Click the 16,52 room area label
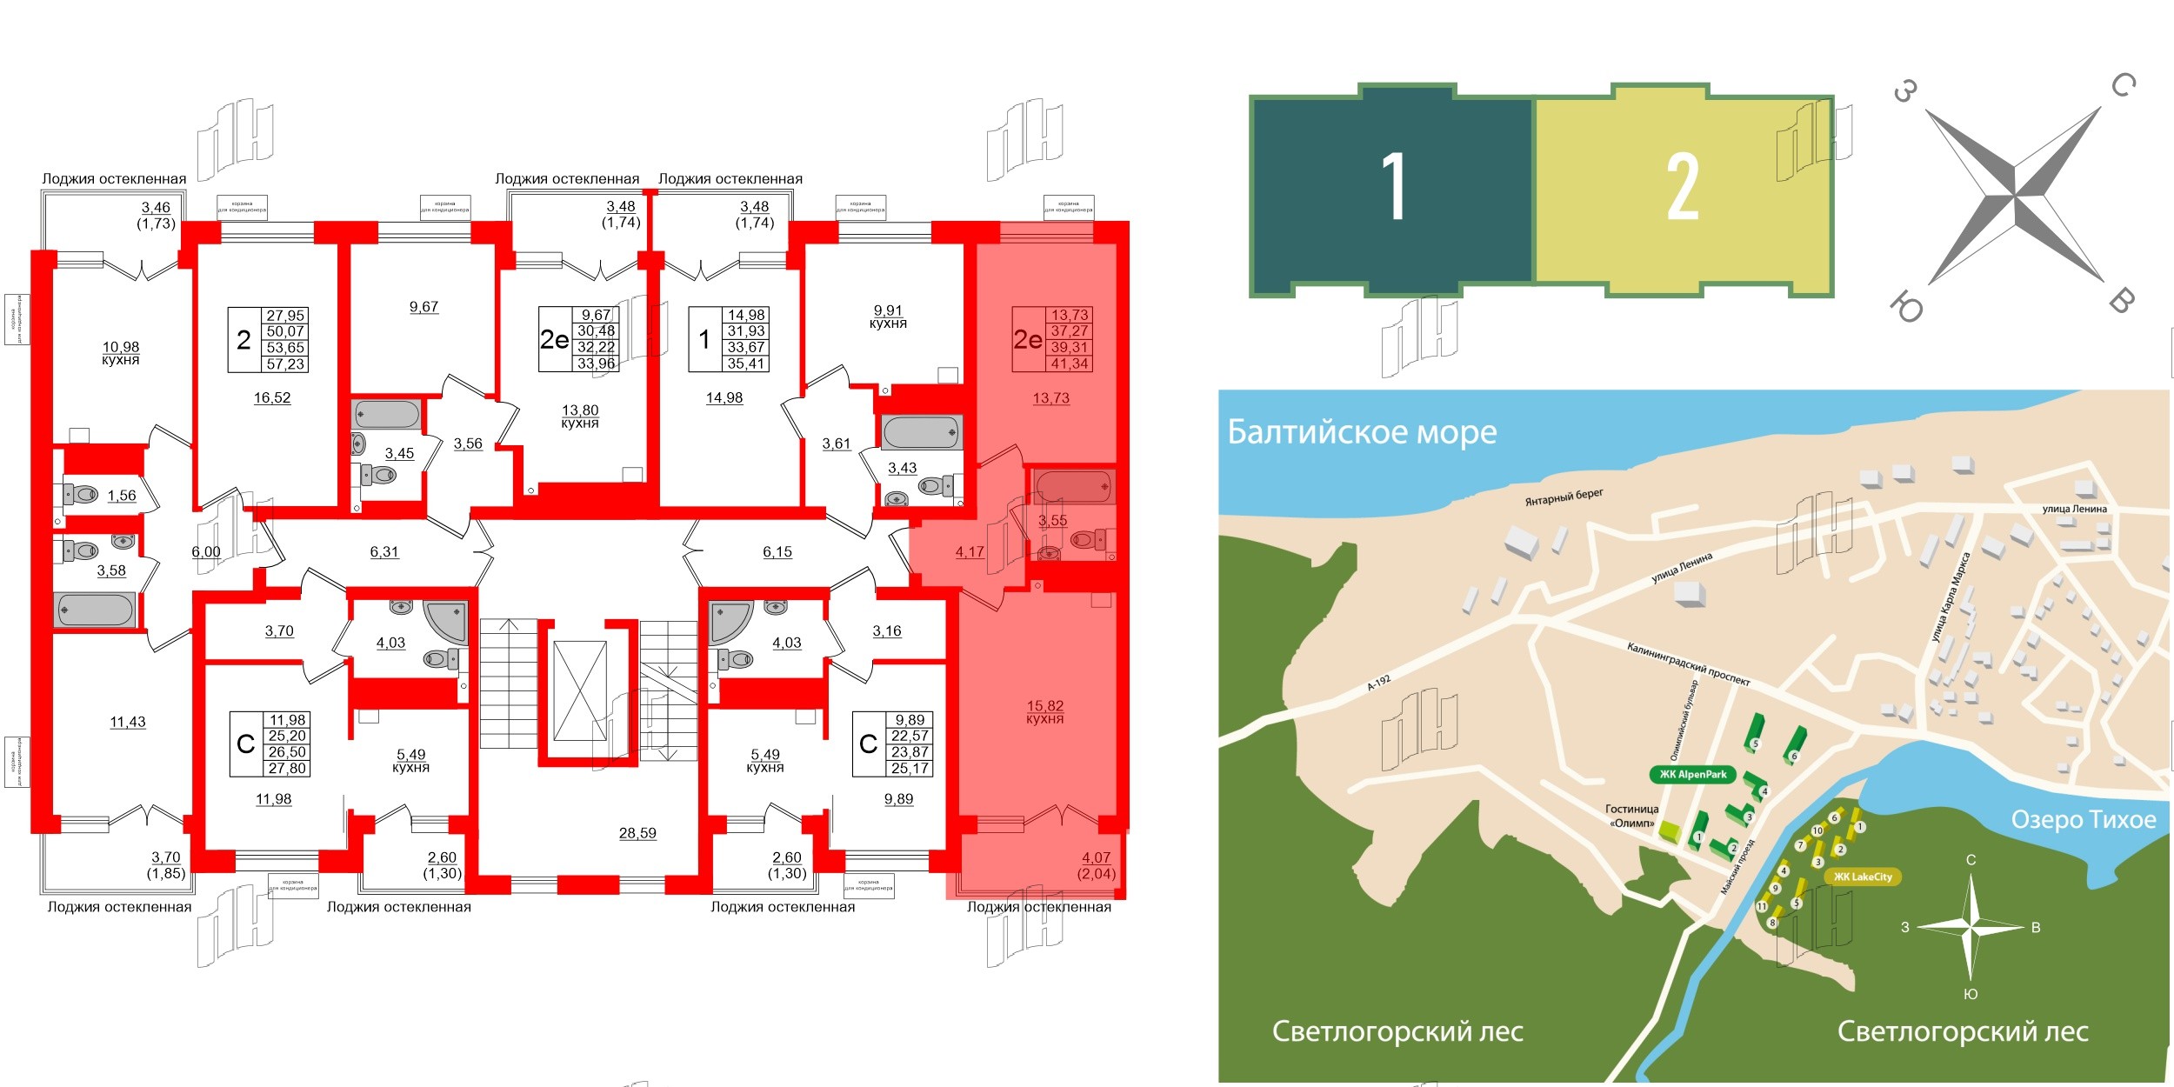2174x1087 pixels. coord(272,398)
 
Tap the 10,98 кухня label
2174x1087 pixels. coord(121,353)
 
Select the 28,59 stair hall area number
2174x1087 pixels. coord(637,833)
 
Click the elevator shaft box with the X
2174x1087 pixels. coord(580,691)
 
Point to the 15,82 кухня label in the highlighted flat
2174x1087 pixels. coord(1044,712)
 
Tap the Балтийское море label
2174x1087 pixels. coord(1362,432)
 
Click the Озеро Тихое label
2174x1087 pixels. coord(2084,819)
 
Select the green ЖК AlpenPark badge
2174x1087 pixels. coord(1692,775)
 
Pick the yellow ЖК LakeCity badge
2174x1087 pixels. coord(1863,877)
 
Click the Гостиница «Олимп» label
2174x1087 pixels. coord(1631,816)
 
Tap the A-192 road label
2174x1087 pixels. coord(1378,683)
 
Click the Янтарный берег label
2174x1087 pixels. coord(1564,497)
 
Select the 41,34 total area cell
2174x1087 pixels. coord(1070,363)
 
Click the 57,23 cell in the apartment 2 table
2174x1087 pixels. coord(285,364)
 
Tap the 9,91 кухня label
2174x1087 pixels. coord(888,317)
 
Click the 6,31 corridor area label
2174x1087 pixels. coord(384,552)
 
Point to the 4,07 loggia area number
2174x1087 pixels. coord(1096,857)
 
